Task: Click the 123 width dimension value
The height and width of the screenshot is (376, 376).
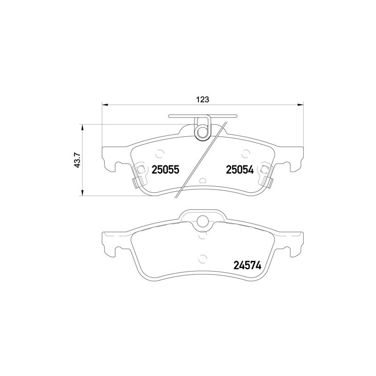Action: tap(203, 99)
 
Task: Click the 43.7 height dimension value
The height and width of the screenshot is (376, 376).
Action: tap(78, 160)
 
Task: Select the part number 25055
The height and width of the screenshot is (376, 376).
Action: tap(165, 170)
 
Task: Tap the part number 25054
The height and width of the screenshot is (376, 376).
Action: tap(240, 170)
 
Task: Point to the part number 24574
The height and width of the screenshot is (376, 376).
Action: tap(247, 265)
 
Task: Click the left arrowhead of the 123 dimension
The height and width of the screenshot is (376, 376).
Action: tap(105, 104)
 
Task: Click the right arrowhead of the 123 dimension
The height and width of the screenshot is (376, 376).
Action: tap(300, 104)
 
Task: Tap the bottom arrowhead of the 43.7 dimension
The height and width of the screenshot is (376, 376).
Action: tap(83, 193)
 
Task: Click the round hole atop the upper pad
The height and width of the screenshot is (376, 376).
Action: tap(203, 132)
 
